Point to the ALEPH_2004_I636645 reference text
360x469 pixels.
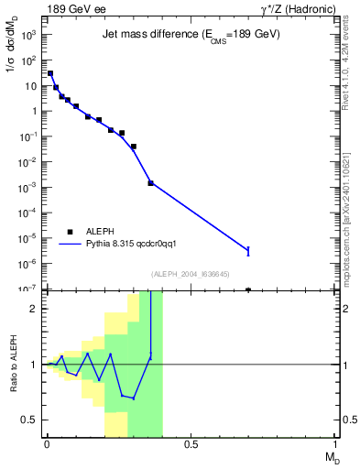[191, 274]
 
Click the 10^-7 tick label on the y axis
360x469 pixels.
[28, 289]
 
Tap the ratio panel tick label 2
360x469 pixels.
[34, 309]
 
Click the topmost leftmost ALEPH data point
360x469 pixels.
[50, 73]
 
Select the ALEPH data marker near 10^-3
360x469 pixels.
[151, 183]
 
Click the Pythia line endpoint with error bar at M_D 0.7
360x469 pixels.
[248, 250]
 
